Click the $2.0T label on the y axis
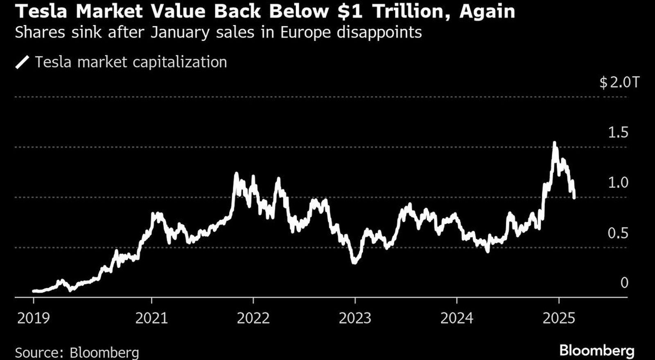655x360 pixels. (619, 83)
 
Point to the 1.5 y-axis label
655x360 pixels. (618, 133)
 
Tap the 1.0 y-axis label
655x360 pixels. (618, 182)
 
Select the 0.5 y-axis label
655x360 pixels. (618, 233)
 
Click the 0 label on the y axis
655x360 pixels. (624, 283)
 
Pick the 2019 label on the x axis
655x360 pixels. (33, 318)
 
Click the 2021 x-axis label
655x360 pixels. (151, 318)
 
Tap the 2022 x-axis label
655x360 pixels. (253, 318)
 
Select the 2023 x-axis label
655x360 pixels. (355, 318)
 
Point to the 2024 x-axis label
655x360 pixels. (456, 318)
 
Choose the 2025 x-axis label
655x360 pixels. (559, 318)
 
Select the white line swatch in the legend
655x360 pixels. (22, 63)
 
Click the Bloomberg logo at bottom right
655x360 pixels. (597, 351)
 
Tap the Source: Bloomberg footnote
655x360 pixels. (77, 353)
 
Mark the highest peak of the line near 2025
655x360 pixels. (554, 143)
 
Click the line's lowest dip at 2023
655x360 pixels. (355, 262)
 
